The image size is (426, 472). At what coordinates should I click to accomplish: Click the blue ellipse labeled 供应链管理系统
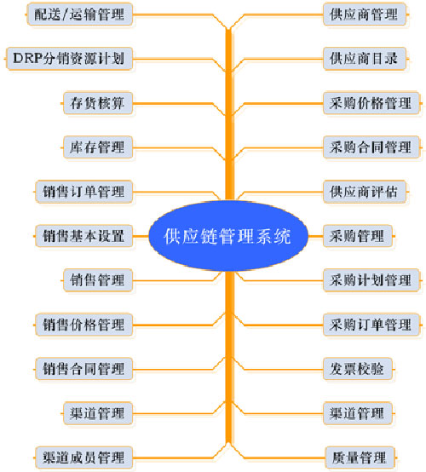pos(228,236)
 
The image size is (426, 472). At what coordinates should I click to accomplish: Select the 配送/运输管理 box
pos(80,14)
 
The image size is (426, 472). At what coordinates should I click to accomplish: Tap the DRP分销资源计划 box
pos(69,59)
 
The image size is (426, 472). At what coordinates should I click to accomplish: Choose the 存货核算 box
pos(98,103)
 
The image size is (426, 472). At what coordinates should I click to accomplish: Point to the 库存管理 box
pos(98,147)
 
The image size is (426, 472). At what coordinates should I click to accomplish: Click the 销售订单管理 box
pos(83,192)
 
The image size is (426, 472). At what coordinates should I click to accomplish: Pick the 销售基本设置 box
pos(83,236)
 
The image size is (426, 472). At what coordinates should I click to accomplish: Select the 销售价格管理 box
pos(83,325)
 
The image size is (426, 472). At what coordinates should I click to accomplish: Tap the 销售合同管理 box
pos(83,369)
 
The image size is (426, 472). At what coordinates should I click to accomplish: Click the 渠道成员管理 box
pos(83,458)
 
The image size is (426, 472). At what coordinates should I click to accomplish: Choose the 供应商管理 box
pos(365,14)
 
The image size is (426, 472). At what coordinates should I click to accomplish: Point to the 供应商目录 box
pos(365,59)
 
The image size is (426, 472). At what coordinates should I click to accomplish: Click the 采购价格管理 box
pos(371,103)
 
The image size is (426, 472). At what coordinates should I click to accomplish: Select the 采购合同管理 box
pos(371,147)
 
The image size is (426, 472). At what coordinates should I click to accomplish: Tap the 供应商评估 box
pos(365,192)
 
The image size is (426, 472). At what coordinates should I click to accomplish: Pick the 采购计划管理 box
pos(371,280)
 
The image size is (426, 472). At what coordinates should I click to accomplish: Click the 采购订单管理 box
pos(371,325)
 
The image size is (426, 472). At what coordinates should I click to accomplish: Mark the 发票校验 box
pos(358,369)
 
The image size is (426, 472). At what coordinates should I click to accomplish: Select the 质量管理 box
pos(360,458)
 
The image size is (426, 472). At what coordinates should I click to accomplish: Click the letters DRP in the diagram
pos(28,58)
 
